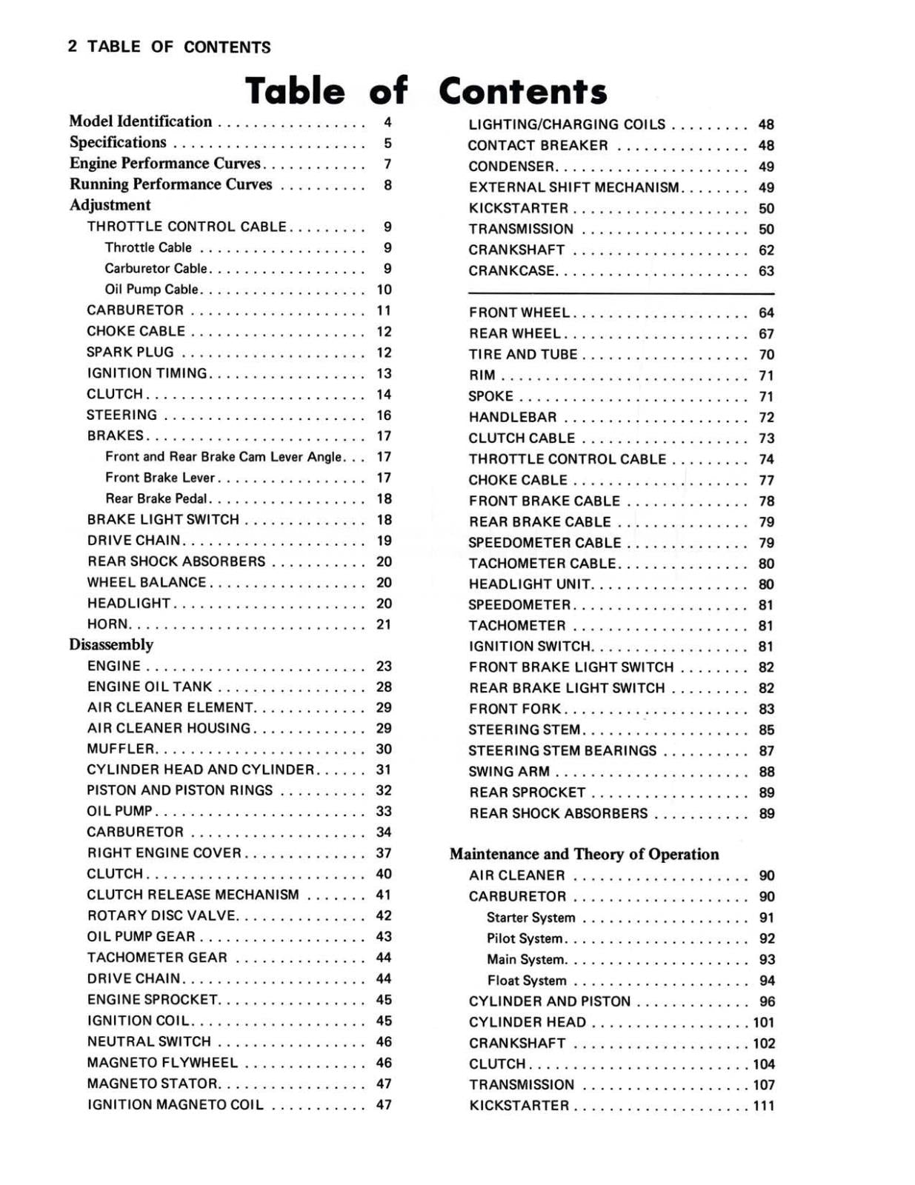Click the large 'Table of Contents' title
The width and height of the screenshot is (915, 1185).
[425, 91]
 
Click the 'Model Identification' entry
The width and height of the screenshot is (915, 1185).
[140, 121]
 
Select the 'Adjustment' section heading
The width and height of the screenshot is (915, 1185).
[110, 205]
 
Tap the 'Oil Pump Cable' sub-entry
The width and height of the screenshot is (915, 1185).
[151, 290]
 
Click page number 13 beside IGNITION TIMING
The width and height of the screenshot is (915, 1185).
[384, 373]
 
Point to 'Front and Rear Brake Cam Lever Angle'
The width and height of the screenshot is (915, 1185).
[223, 457]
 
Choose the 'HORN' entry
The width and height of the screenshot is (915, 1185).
[107, 624]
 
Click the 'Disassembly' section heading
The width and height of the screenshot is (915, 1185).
[111, 644]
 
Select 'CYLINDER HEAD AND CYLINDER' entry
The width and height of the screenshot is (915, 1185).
[200, 770]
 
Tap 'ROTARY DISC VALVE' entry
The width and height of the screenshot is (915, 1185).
[161, 915]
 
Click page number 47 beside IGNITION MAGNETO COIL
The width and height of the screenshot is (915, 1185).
[384, 1104]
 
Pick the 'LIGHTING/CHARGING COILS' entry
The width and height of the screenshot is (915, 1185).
[567, 124]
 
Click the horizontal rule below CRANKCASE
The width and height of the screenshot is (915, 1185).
[621, 293]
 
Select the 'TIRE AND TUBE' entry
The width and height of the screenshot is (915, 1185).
[522, 355]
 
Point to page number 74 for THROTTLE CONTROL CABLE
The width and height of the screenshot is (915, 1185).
[766, 459]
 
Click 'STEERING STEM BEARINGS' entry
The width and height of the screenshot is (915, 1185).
[562, 751]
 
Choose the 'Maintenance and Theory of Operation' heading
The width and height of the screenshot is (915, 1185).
[584, 854]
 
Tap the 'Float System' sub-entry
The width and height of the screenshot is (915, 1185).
[526, 981]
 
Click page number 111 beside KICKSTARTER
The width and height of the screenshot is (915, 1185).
[763, 1106]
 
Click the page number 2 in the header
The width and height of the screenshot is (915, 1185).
[72, 47]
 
